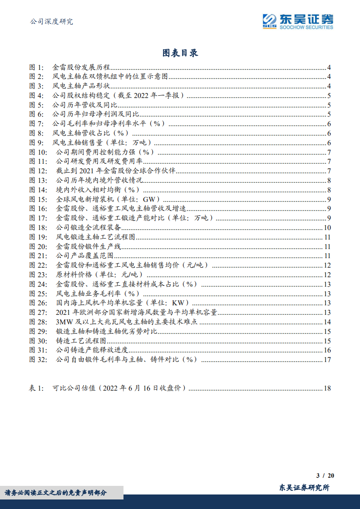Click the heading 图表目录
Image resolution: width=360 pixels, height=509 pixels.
[x=180, y=53]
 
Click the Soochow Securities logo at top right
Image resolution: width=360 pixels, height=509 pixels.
[x=297, y=21]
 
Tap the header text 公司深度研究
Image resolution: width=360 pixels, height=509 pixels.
[x=51, y=21]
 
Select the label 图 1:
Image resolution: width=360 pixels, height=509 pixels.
[x=36, y=67]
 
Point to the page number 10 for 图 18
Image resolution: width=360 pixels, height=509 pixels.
[x=327, y=228]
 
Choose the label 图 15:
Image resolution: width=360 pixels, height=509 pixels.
[x=38, y=199]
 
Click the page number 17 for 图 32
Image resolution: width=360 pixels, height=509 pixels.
[x=327, y=360]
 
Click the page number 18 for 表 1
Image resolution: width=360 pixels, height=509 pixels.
[x=327, y=388]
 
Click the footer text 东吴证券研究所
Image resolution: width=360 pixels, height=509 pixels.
[x=304, y=488]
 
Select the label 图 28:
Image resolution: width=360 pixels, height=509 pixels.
[x=38, y=322]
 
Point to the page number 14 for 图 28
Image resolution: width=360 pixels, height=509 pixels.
[x=327, y=322]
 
